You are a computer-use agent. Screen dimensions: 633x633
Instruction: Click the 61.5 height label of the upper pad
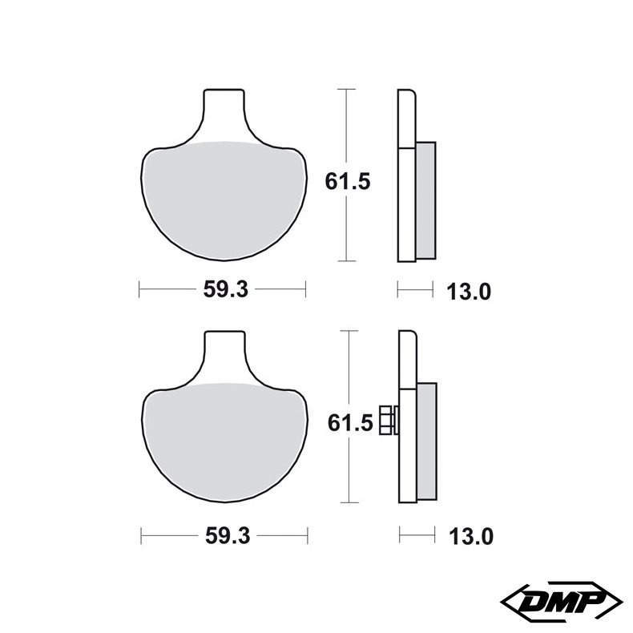coord(347,181)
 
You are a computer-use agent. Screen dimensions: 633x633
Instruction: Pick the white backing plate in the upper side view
coord(405,176)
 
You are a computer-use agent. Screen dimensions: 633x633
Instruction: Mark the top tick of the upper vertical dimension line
coord(345,88)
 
